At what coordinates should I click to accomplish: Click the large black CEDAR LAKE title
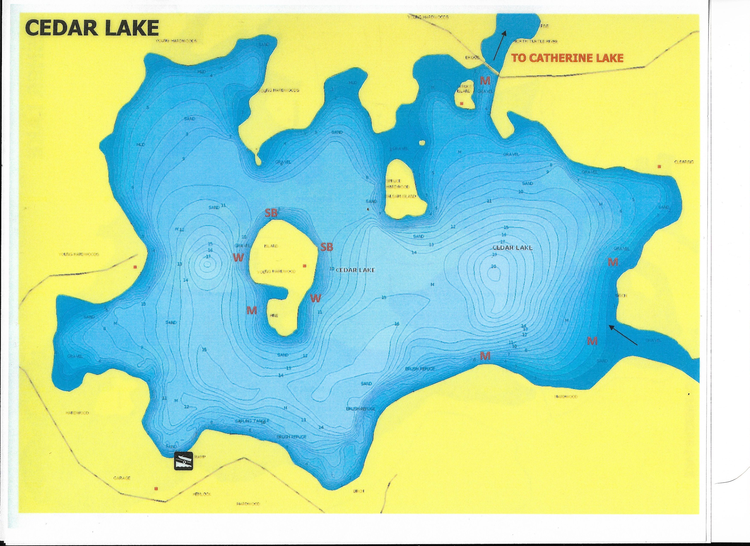[92, 28]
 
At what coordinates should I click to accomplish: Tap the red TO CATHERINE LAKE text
[567, 58]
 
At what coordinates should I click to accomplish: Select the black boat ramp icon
[183, 461]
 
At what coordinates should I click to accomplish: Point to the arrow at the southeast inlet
[623, 335]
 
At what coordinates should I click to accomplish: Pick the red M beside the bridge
[485, 80]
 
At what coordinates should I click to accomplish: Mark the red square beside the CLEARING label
[659, 166]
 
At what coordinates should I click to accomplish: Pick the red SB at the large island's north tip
[271, 213]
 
